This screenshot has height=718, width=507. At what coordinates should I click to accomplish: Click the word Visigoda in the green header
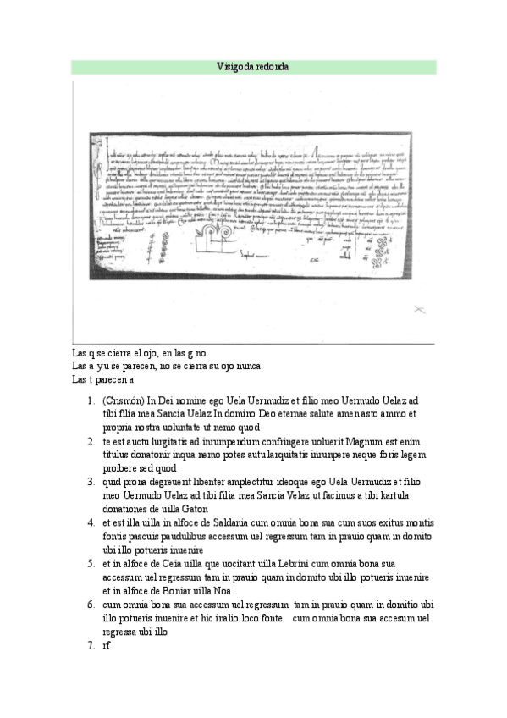(x=232, y=66)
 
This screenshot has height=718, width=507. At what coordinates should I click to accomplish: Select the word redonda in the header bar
(x=272, y=66)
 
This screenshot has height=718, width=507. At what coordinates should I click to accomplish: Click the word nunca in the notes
(x=249, y=366)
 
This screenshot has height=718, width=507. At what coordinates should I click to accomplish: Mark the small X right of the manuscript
(x=418, y=311)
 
